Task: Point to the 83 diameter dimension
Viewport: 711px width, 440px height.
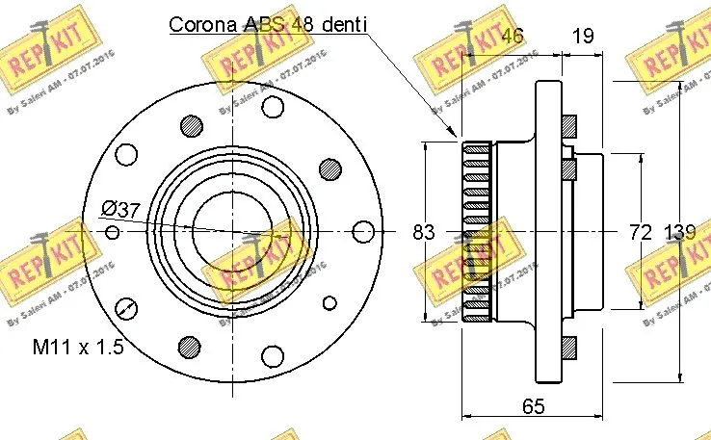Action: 423,232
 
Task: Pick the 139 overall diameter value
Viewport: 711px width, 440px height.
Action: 680,232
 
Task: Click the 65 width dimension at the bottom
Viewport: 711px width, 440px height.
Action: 533,407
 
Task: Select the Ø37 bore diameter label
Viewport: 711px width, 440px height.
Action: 122,208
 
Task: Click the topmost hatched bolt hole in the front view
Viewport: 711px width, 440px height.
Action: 191,124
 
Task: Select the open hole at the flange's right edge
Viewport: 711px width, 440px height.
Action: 363,232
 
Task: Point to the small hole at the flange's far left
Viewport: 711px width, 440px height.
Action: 112,232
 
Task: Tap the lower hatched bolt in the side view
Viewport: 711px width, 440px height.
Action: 567,344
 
